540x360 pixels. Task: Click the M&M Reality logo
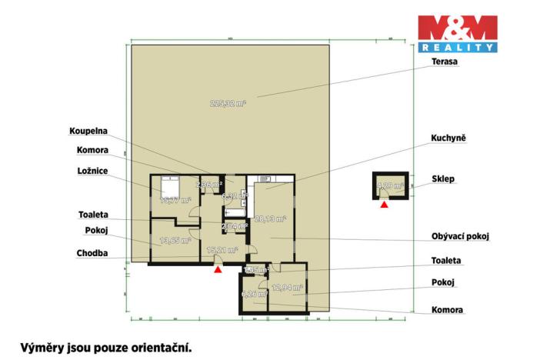[457, 33]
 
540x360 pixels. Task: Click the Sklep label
[443, 179]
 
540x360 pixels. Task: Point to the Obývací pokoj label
[461, 237]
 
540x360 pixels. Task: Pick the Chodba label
[92, 252]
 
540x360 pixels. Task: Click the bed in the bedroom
[168, 185]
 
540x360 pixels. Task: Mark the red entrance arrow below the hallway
[218, 270]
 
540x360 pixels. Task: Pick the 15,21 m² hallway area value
[222, 250]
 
